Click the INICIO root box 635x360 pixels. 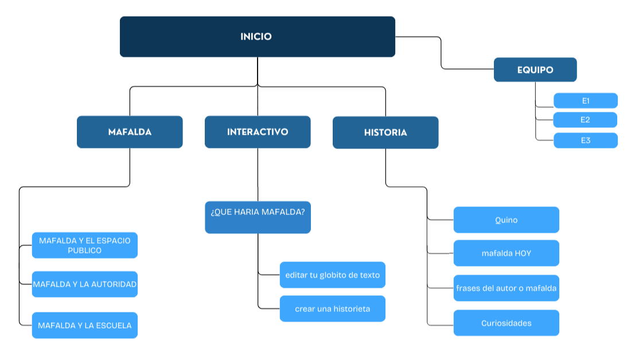pos(257,37)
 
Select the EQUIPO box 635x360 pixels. pos(535,70)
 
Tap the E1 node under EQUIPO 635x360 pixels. pos(585,101)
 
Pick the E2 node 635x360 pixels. pos(585,120)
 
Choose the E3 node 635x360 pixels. pos(585,140)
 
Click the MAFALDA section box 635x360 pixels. pos(130,132)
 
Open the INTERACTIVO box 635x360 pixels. pos(258,132)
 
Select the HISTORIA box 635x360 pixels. pos(385,132)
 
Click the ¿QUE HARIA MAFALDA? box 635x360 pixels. pos(258,217)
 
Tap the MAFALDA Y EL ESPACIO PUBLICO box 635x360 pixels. pos(84,245)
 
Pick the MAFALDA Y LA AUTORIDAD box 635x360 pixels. pos(84,284)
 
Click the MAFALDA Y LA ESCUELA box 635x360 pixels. pos(84,326)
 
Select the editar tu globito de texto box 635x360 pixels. pos(332,275)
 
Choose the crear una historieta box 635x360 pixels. pos(332,309)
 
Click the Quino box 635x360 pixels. pos(506,220)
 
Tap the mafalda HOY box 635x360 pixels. pos(506,253)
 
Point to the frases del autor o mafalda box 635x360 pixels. pos(506,288)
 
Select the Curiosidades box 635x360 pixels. pos(506,323)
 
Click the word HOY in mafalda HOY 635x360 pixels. pos(523,253)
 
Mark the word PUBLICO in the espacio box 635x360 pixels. pos(84,251)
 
